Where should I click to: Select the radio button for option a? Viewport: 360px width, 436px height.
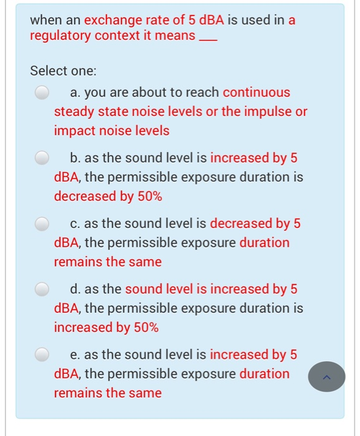click(x=42, y=93)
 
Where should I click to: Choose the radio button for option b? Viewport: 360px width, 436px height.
click(x=42, y=158)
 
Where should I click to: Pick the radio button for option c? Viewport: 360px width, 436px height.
click(x=42, y=224)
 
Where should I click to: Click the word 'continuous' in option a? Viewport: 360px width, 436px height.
click(x=257, y=93)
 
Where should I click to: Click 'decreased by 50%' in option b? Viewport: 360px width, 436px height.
click(x=108, y=197)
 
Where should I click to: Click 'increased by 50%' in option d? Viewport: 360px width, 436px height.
click(x=107, y=328)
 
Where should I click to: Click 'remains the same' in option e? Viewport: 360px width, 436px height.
click(x=108, y=393)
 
